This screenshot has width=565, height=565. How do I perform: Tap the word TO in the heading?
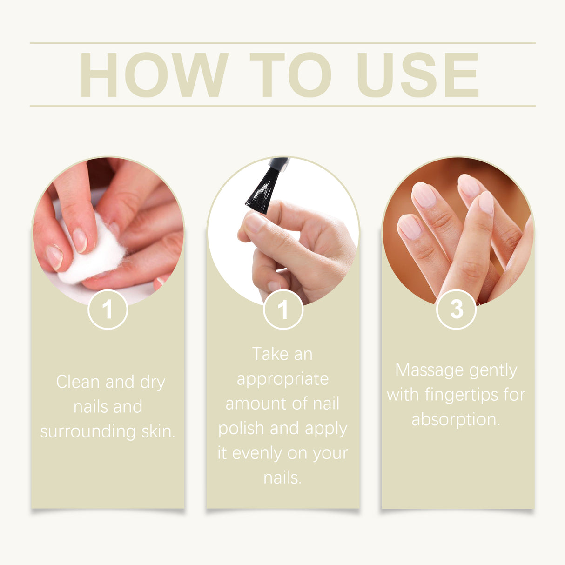[290, 75]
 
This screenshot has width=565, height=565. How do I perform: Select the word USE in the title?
[417, 75]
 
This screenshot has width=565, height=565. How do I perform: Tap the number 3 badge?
[456, 309]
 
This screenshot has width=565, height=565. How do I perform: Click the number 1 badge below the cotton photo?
[108, 309]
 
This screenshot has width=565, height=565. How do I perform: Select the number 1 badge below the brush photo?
[283, 309]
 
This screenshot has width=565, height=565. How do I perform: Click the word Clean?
[78, 382]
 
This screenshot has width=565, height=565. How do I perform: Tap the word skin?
[158, 431]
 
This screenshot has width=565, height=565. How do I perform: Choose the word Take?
[270, 354]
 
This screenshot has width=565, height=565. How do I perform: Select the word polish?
[241, 429]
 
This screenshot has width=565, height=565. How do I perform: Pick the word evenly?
[257, 453]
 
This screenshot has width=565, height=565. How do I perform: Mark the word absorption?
[455, 420]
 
